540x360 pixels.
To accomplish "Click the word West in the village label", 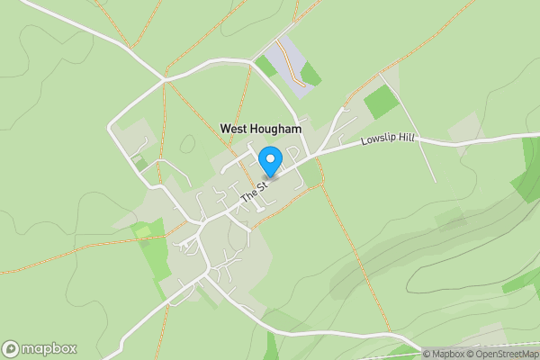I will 236,129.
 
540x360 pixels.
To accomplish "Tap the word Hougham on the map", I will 276,129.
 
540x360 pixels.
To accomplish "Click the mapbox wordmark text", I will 49,348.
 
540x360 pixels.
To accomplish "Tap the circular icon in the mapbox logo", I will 11,348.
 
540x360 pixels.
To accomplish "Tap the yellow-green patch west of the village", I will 143,232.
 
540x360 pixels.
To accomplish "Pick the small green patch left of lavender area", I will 265,66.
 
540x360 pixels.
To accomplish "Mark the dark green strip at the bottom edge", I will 272,346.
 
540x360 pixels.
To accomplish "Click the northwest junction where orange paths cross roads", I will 165,80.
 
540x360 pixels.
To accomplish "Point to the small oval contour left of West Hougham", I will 188,142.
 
